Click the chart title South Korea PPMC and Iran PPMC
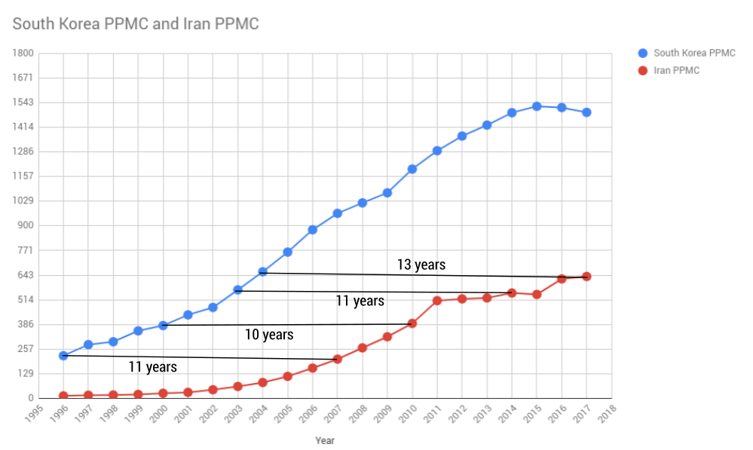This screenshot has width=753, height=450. pyautogui.click(x=136, y=24)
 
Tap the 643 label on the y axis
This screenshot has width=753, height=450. pyautogui.click(x=26, y=275)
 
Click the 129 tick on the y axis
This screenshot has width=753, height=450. pyautogui.click(x=26, y=374)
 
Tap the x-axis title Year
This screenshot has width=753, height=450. pyautogui.click(x=325, y=440)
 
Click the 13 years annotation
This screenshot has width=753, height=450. pyautogui.click(x=421, y=265)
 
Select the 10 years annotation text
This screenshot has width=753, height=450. pyautogui.click(x=269, y=334)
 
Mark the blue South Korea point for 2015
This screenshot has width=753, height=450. pyautogui.click(x=537, y=106)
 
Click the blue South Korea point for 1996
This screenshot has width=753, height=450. pyautogui.click(x=63, y=355)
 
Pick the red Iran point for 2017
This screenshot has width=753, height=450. pyautogui.click(x=586, y=277)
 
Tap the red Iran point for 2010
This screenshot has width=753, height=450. pyautogui.click(x=412, y=323)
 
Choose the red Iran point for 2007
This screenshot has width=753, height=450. pyautogui.click(x=338, y=359)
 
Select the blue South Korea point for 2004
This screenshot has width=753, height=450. pyautogui.click(x=262, y=271)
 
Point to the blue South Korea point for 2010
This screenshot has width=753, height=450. pyautogui.click(x=412, y=169)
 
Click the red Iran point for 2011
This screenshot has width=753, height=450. pyautogui.click(x=437, y=301)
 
